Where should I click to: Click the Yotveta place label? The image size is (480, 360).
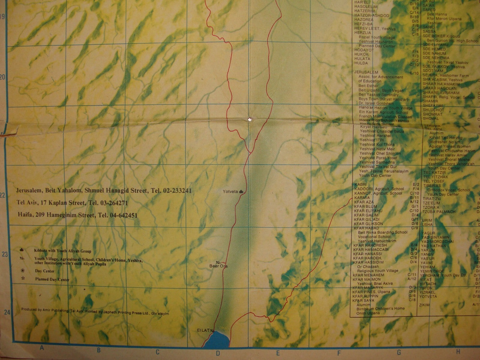(230, 191)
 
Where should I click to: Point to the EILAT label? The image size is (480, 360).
(203, 330)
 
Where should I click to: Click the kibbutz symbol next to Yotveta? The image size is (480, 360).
(241, 191)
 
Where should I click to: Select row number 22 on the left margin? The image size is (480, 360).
(3, 196)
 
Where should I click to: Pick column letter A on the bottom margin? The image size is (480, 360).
(42, 348)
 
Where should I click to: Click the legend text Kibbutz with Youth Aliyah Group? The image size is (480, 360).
(63, 251)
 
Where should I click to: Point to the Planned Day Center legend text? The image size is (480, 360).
(52, 280)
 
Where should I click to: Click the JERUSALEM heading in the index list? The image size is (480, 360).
(366, 72)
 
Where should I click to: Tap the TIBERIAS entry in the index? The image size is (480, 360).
(432, 186)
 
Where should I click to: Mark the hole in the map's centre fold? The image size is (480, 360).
(249, 120)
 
